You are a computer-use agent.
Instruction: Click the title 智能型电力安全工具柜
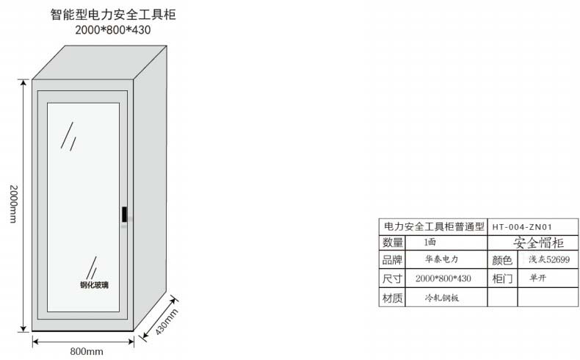(x=113, y=14)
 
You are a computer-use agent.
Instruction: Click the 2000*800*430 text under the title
(x=112, y=30)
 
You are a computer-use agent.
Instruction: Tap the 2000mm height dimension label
(x=12, y=204)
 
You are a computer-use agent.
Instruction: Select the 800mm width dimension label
(x=87, y=351)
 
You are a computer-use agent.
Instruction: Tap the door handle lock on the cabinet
(x=125, y=215)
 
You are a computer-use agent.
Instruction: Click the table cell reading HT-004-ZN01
(x=522, y=227)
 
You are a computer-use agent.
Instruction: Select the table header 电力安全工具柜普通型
(x=433, y=227)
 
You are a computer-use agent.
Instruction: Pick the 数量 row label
(x=393, y=242)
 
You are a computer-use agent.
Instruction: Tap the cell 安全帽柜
(x=538, y=242)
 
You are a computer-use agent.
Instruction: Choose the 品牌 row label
(x=393, y=260)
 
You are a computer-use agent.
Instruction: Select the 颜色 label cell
(x=502, y=260)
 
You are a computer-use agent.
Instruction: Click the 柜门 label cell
(x=502, y=278)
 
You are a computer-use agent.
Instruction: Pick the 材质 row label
(x=393, y=298)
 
